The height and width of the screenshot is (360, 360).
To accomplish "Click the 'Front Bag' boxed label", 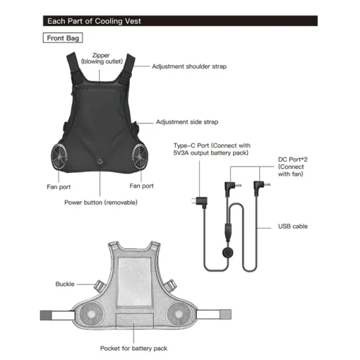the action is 63,38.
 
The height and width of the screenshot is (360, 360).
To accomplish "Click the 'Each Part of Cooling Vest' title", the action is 94,21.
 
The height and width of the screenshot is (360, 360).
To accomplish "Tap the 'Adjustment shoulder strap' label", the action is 189,66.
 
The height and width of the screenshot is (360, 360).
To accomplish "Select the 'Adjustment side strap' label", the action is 187,122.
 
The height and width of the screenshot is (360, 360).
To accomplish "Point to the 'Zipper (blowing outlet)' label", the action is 102,59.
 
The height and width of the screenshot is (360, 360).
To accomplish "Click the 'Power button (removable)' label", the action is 101,203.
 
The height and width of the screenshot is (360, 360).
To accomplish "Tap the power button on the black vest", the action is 100,162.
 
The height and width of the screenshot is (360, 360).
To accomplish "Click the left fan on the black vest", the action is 59,156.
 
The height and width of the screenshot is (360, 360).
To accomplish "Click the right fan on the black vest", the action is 140,156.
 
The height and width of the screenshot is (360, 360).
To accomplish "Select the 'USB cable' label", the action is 293,227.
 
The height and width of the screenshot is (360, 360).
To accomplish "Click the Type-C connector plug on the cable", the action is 200,202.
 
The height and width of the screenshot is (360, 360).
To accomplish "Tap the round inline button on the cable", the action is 228,253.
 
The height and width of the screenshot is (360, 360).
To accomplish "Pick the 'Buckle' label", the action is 65,284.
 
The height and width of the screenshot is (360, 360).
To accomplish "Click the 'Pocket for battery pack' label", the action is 133,348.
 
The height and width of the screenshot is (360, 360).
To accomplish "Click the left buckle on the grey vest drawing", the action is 99,286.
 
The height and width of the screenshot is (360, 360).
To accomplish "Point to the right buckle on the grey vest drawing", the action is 170,285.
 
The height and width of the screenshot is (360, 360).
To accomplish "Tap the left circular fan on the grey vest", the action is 91,314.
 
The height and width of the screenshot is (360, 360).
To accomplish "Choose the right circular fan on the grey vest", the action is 179,314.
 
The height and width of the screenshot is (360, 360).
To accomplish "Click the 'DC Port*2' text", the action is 293,160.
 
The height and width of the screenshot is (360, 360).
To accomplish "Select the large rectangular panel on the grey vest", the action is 134,282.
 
